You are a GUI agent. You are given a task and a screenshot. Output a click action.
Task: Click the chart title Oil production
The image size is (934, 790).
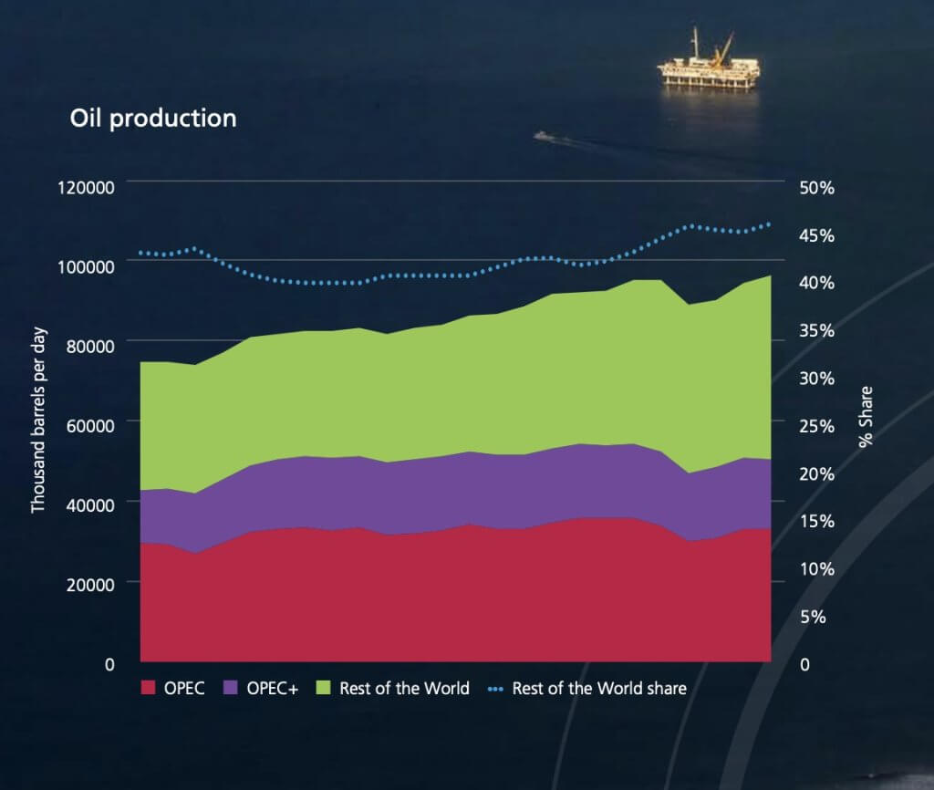point(153,119)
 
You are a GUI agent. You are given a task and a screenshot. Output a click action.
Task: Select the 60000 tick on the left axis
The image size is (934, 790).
point(85,425)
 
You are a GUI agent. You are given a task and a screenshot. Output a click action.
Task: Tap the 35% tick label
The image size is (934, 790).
point(816,330)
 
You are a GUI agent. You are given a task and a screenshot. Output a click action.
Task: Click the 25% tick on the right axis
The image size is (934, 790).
point(816,426)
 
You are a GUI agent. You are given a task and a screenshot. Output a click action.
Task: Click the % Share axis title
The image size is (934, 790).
point(866,417)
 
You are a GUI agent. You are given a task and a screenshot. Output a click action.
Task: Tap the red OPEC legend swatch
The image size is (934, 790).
point(148,688)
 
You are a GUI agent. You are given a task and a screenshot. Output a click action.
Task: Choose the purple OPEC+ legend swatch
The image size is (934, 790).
point(231,688)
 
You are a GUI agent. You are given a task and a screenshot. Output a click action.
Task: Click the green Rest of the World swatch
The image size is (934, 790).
point(323,688)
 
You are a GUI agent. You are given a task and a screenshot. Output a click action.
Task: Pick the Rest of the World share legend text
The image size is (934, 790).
point(599,688)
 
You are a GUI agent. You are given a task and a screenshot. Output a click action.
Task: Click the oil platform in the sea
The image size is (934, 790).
point(709,66)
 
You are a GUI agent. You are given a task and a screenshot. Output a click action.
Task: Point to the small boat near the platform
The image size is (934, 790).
point(543,135)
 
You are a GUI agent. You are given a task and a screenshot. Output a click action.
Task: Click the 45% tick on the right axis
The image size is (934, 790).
point(816,235)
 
